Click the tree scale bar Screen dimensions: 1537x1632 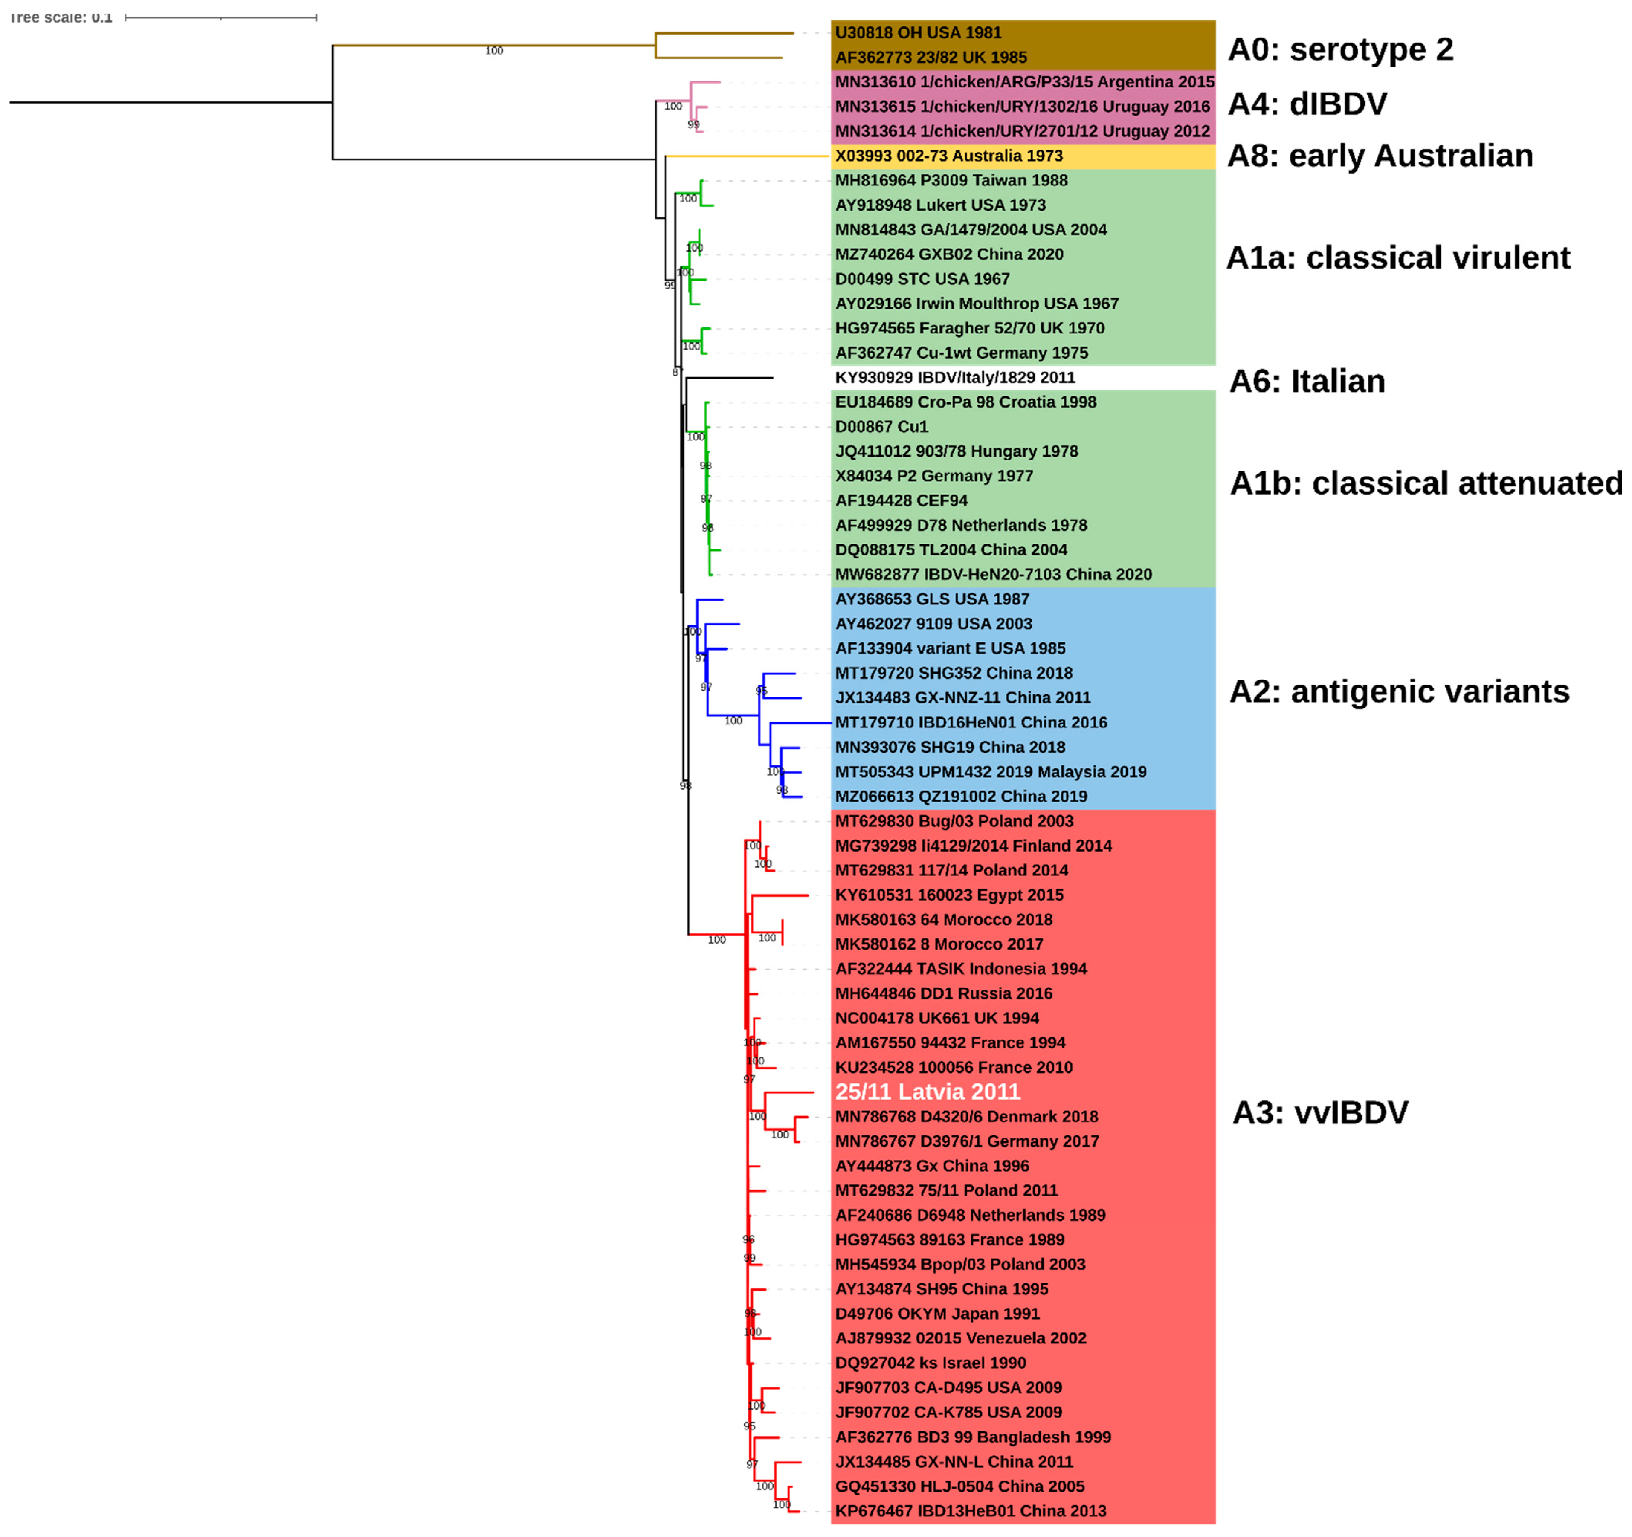221,17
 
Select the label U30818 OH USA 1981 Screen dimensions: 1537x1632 918,33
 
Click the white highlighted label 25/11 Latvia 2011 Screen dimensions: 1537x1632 928,1092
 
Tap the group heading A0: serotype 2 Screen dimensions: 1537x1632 1340,49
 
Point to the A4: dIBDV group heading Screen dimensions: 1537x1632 1307,104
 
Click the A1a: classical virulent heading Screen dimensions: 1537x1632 1397,258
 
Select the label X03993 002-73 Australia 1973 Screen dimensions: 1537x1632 948,156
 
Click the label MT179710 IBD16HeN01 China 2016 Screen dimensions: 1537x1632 970,722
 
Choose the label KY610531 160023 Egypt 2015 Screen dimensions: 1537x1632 949,895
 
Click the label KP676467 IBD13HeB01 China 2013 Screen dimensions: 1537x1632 970,1511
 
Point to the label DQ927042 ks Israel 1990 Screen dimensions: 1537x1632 930,1363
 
